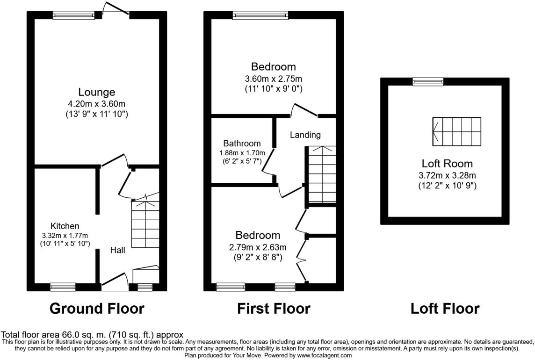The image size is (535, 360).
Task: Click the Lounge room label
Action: click(96, 92)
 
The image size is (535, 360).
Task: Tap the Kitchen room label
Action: click(65, 226)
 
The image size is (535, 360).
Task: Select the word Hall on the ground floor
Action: click(117, 250)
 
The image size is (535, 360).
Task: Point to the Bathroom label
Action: click(242, 144)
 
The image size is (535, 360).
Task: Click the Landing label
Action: click(305, 135)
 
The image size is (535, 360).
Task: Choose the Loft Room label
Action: click(447, 164)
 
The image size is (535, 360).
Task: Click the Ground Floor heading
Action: click(97, 309)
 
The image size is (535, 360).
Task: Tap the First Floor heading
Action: click(274, 309)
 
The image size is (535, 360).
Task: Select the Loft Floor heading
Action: click(445, 309)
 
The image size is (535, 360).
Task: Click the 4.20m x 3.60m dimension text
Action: click(96, 104)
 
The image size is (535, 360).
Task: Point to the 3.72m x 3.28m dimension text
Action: click(447, 176)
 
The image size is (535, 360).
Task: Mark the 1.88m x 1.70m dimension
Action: click(242, 153)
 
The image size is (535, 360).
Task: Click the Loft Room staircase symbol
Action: click(457, 132)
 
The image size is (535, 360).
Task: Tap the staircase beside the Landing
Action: click(322, 174)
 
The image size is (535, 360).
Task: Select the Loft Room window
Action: click(428, 81)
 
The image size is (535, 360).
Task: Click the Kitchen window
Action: click(63, 287)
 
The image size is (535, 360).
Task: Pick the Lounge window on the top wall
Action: click(73, 15)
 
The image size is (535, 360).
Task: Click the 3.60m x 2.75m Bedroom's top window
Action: click(260, 15)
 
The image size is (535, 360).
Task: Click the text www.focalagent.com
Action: click(324, 355)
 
